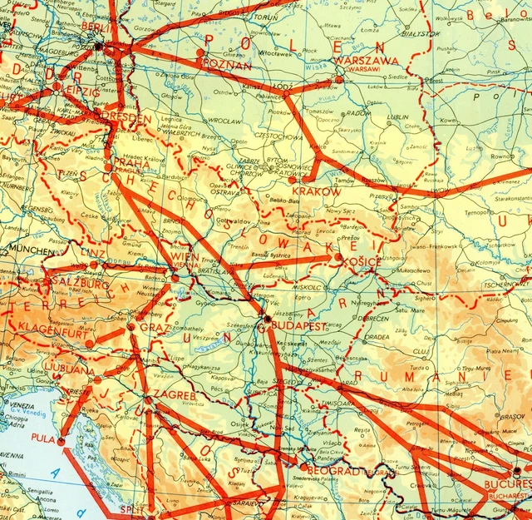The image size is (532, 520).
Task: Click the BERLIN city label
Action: click(x=98, y=26)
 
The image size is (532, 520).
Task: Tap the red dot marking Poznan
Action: click(x=200, y=53)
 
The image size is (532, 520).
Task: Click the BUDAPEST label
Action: click(x=297, y=327)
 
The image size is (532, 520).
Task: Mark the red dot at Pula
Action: click(x=61, y=439)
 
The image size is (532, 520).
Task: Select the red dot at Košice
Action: click(x=337, y=260)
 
